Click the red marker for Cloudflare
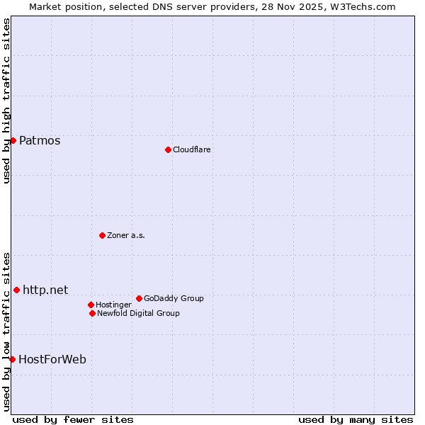pos(168,149)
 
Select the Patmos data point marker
pos(13,140)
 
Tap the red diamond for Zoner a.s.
pos(102,235)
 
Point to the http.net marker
pos(16,290)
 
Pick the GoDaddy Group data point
pos(139,298)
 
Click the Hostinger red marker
pos(91,305)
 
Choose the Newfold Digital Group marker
pos(92,313)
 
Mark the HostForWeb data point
pos(12,359)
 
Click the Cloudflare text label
pos(191,149)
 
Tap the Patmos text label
pos(40,140)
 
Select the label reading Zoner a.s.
pos(126,235)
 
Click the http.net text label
pos(45,290)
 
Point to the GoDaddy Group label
pos(174,298)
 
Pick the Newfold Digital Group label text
pos(138,313)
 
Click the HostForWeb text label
pos(52,359)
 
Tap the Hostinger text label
pos(113,305)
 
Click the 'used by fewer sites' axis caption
pos(73,419)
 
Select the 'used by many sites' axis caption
pos(356,419)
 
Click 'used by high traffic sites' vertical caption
pos(6,101)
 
